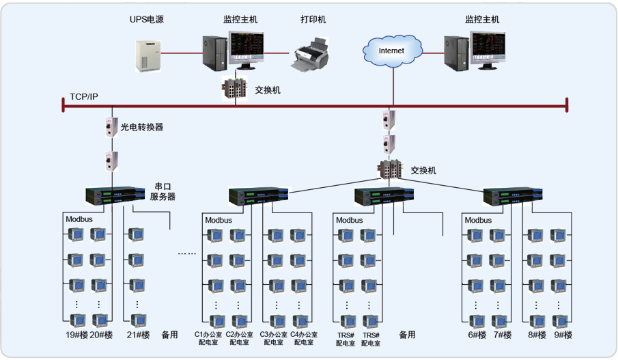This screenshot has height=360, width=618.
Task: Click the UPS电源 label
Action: pyautogui.click(x=147, y=20)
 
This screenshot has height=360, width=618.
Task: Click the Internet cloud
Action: pyautogui.click(x=391, y=51)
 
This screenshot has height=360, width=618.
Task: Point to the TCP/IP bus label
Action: pyautogui.click(x=84, y=96)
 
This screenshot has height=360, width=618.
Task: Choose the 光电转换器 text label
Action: pyautogui.click(x=142, y=127)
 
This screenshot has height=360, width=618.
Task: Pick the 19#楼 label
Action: pyautogui.click(x=76, y=335)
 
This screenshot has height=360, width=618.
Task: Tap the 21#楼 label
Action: pyautogui.click(x=138, y=335)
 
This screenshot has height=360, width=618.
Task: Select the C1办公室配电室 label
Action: pyautogui.click(x=208, y=338)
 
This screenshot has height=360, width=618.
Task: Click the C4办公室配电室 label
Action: pyautogui.click(x=304, y=338)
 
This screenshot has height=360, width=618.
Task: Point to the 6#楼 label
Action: pyautogui.click(x=477, y=335)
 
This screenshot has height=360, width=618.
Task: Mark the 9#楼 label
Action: pyautogui.click(x=563, y=335)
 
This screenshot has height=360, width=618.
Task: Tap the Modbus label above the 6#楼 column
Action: pyautogui.click(x=478, y=221)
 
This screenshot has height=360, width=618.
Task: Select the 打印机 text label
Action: pyautogui.click(x=313, y=20)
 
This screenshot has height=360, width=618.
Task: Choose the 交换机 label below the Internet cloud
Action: pyautogui.click(x=423, y=170)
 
